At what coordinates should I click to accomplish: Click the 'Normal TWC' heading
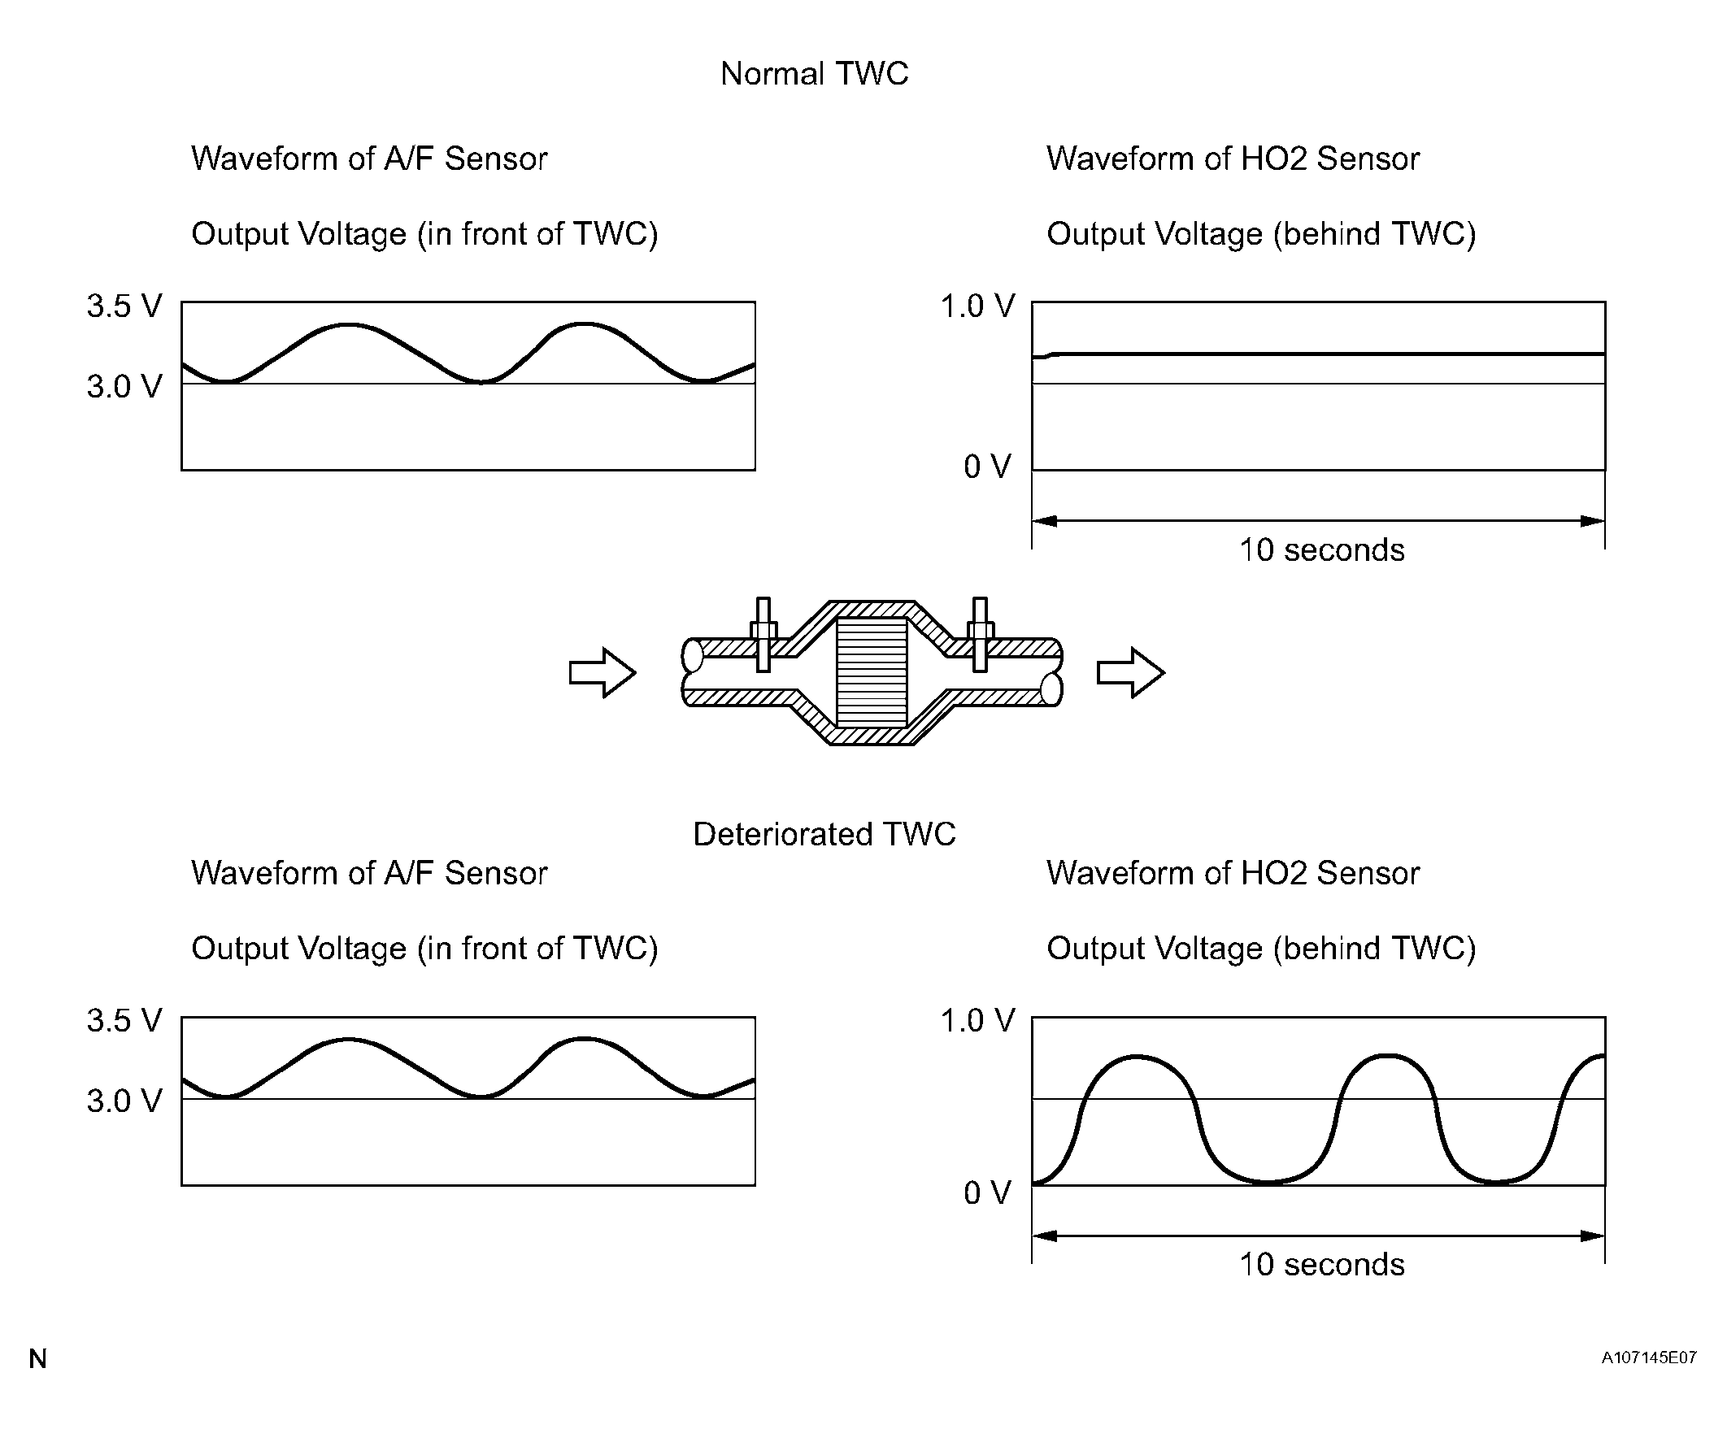(x=814, y=74)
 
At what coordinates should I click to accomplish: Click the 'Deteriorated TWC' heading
(x=824, y=834)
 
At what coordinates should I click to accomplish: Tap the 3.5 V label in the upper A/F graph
(x=125, y=306)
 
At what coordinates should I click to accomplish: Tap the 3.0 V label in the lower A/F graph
(x=125, y=1100)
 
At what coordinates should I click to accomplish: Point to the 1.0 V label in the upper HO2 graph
(x=978, y=306)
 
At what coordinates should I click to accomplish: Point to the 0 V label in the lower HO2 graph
(x=987, y=1192)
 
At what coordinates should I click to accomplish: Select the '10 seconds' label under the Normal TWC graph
(x=1321, y=550)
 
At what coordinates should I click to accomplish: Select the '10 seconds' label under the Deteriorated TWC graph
(x=1321, y=1265)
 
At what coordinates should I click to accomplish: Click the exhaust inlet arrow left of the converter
(x=602, y=672)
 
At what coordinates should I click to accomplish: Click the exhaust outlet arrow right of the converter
(x=1131, y=672)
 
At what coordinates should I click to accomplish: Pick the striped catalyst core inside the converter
(x=872, y=671)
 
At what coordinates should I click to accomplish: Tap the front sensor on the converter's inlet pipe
(x=763, y=635)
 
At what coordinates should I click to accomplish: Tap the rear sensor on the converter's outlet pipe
(x=980, y=635)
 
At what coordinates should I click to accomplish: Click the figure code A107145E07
(x=1649, y=1357)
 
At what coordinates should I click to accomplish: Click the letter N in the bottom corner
(x=38, y=1359)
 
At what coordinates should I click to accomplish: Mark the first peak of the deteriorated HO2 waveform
(x=1136, y=1058)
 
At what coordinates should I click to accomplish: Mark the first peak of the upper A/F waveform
(x=349, y=326)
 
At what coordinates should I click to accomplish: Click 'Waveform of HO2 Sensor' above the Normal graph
(x=1233, y=159)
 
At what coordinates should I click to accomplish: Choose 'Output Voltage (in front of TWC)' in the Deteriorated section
(x=424, y=948)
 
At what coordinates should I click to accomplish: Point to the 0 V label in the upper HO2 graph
(x=987, y=467)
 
